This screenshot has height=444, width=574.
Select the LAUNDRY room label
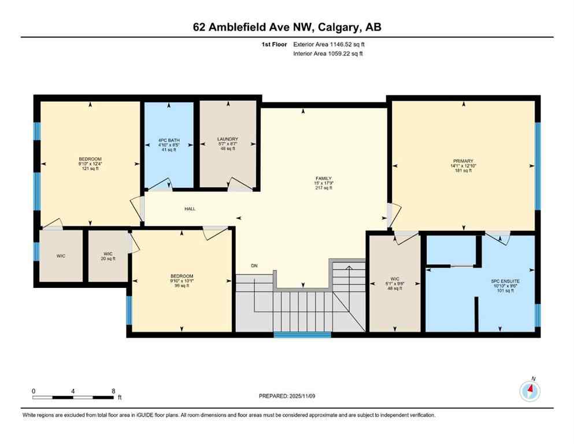228,139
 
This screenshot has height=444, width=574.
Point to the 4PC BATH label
168,140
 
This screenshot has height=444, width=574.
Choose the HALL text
190,209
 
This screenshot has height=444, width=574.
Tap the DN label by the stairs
254,265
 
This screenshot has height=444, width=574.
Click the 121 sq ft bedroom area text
90,169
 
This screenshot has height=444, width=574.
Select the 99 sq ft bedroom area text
182,286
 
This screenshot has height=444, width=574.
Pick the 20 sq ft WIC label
108,258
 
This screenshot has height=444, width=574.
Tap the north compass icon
529,391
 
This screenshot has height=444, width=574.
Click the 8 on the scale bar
113,391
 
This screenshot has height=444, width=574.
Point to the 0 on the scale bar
34,391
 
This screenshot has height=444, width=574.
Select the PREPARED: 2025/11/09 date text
287,396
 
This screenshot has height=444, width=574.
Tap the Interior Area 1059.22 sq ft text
328,54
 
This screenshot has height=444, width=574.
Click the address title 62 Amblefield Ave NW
287,27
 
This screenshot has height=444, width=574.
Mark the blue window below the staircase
302,335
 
